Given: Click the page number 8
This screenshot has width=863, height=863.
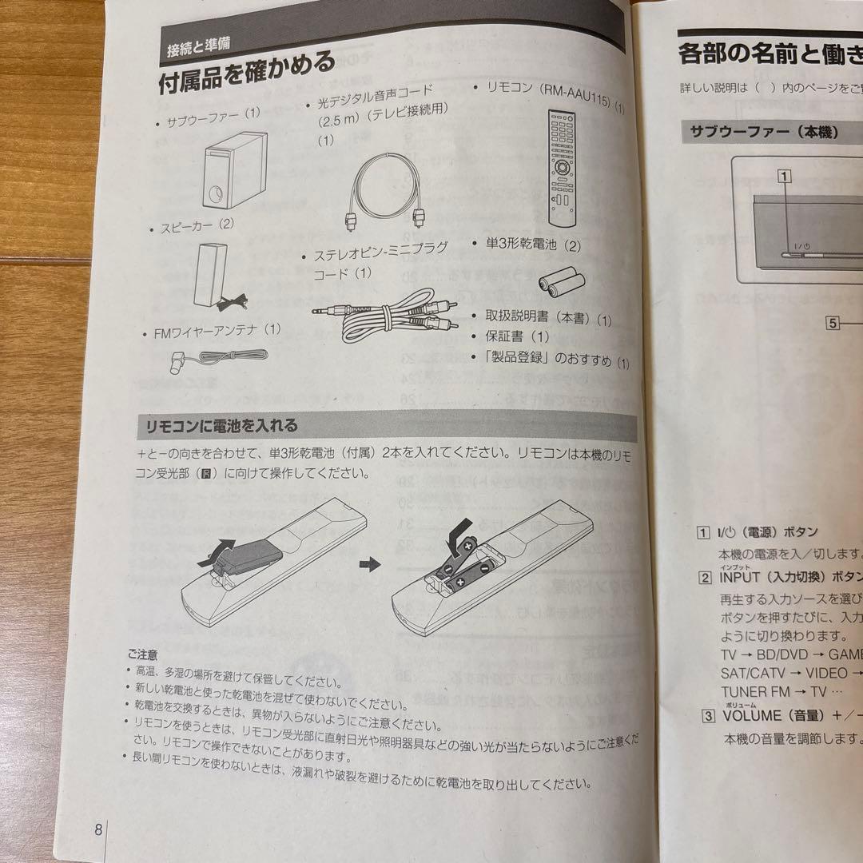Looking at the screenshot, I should click(97, 829).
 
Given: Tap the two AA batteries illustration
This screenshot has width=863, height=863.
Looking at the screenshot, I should click(561, 280).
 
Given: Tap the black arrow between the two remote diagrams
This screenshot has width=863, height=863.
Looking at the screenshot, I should click(368, 564).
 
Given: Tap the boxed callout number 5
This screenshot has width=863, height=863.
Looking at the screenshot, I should click(833, 323).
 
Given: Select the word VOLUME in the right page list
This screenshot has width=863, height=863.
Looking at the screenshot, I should click(750, 715).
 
